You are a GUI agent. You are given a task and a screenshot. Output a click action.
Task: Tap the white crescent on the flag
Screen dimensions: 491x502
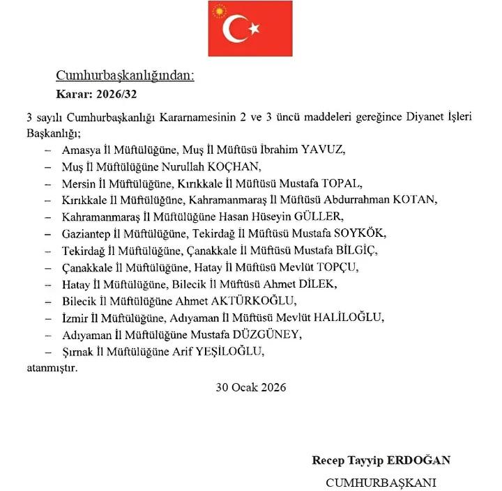[x=234, y=29]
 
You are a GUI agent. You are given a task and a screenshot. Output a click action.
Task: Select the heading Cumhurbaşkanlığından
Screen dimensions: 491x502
[x=125, y=76]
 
